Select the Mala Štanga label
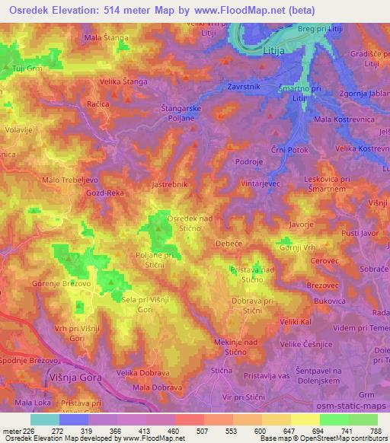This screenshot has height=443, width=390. (106, 37)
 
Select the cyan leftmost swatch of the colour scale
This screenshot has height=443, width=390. (44, 419)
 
